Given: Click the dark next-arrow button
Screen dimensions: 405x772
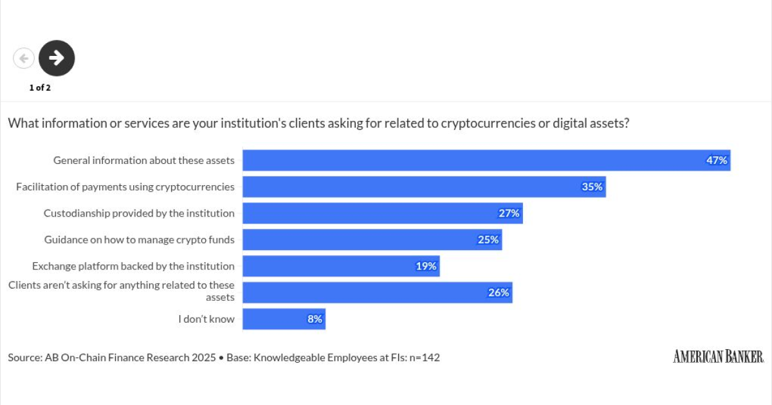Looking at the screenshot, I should (x=57, y=58).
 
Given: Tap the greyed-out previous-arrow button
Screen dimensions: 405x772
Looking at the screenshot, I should (x=24, y=59).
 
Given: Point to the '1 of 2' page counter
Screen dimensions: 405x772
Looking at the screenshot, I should (x=40, y=88).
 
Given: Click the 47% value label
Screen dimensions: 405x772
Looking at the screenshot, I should (x=717, y=161).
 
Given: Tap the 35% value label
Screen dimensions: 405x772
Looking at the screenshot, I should (x=593, y=187).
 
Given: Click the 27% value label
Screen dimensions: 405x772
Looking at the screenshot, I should (x=509, y=213).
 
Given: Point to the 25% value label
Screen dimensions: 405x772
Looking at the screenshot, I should (x=488, y=240).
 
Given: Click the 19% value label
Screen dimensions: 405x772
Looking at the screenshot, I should (x=426, y=266).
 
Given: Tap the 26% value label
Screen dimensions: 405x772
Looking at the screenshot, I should (x=499, y=292).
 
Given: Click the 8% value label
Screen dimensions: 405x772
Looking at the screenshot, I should (x=315, y=319).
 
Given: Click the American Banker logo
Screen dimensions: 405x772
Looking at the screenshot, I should (x=718, y=356).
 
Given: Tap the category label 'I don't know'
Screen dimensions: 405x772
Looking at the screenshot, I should (x=207, y=319).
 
